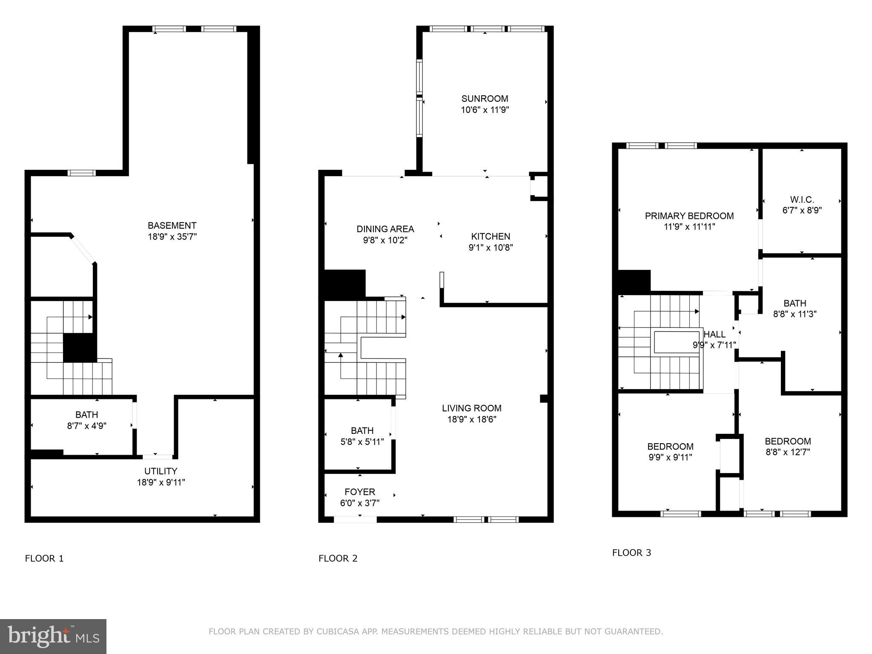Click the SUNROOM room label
[x=485, y=99]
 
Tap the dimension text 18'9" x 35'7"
[x=172, y=237]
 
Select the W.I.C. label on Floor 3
[x=802, y=199]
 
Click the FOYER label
[x=360, y=492]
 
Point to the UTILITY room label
[x=161, y=471]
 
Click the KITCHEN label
[x=490, y=236]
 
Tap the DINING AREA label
[x=385, y=229]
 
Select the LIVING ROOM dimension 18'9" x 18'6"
[x=471, y=419]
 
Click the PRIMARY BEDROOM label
[x=689, y=216]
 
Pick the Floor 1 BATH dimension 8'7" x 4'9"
[x=86, y=425]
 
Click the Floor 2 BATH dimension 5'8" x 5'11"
[x=362, y=442]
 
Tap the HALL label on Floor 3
[x=714, y=334]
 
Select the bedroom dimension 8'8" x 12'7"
[x=787, y=452]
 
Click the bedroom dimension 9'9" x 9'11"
[x=670, y=458]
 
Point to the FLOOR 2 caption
[x=338, y=558]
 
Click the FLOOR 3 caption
[x=631, y=553]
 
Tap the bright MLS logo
[x=53, y=636]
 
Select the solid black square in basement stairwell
[x=80, y=347]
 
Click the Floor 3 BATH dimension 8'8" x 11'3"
[x=795, y=314]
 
